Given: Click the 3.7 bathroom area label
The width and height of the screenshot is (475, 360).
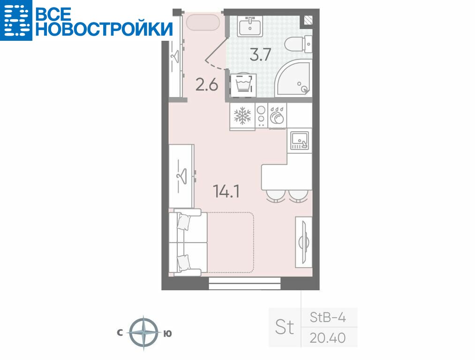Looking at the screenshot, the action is (260, 55).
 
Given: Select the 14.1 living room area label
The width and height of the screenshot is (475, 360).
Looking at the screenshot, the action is (226, 191).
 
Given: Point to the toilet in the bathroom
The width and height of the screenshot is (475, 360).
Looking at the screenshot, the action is (299, 44).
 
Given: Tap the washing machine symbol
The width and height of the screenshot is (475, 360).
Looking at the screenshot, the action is (243, 85).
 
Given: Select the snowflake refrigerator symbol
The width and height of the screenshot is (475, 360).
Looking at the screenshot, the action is (242, 116).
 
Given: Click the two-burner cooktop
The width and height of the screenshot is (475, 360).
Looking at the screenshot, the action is (262, 116).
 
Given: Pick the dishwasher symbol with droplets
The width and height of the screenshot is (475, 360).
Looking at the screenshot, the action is (277, 115).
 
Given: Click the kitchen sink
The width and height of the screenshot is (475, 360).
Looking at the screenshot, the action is (300, 141).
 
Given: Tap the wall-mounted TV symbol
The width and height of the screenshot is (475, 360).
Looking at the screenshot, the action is (304, 242).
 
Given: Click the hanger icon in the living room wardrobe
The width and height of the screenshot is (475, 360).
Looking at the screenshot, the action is (182, 176).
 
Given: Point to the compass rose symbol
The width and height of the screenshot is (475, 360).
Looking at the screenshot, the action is (144, 333).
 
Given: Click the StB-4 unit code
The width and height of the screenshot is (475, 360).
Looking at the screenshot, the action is (328, 317).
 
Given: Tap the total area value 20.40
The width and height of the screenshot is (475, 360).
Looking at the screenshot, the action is (327, 338).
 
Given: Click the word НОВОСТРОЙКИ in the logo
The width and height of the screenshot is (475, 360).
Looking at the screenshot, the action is (104, 29).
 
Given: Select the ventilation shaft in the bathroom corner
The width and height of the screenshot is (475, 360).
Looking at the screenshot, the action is (308, 20).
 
